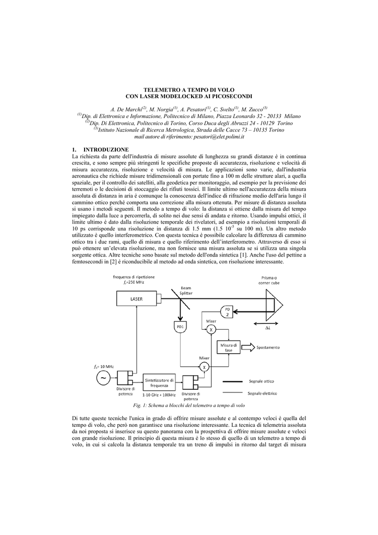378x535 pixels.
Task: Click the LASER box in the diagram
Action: (136, 299)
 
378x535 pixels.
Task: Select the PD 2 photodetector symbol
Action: (228, 311)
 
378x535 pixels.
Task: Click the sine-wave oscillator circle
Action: (102, 378)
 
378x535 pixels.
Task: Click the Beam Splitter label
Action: (186, 290)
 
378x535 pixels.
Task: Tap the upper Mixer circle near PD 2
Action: (211, 329)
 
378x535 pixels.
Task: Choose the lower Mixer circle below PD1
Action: (204, 367)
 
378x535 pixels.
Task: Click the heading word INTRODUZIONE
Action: (107, 149)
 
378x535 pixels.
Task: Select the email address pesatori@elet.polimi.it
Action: (213, 136)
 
